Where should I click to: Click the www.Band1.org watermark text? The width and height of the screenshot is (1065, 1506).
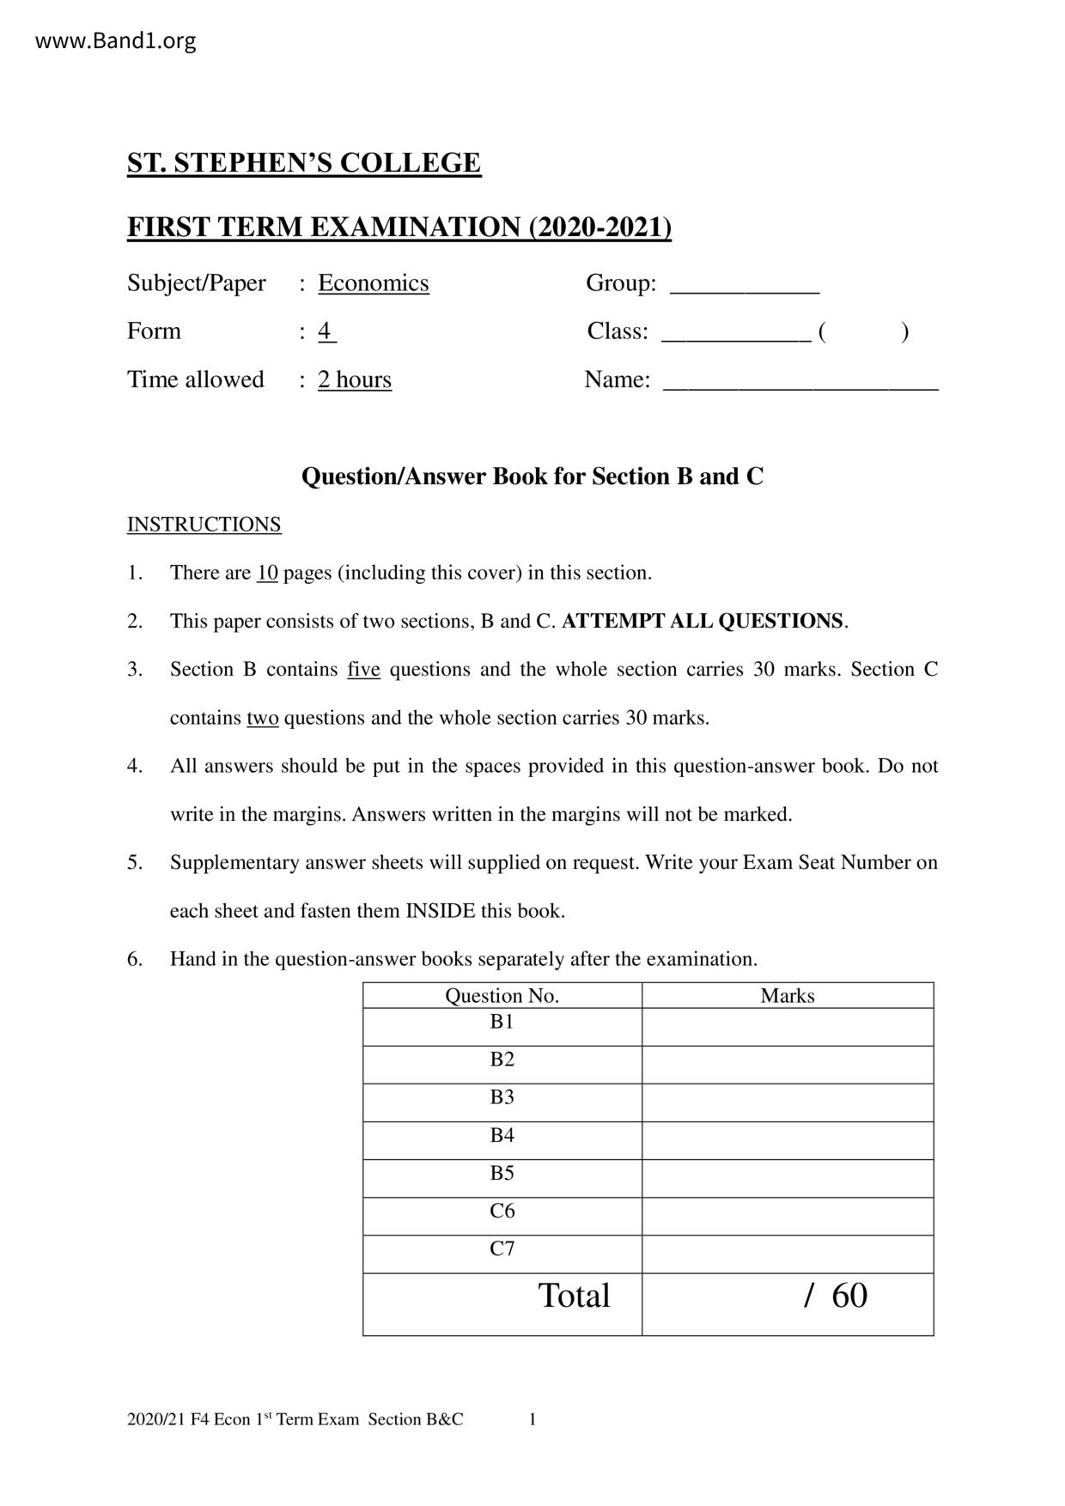click(x=115, y=40)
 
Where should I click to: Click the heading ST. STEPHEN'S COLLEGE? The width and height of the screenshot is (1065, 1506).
click(x=304, y=163)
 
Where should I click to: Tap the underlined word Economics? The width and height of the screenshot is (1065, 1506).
click(x=373, y=283)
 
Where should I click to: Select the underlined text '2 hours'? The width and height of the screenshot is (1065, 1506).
click(x=354, y=380)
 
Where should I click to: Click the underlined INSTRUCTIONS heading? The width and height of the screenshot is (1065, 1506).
click(x=204, y=525)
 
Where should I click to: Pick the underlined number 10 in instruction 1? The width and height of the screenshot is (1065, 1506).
click(x=267, y=573)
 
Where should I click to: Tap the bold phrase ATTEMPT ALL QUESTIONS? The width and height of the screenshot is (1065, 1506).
click(x=702, y=621)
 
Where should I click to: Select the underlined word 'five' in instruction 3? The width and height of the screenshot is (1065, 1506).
click(x=363, y=670)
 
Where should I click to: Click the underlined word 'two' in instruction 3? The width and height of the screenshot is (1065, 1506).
click(x=262, y=718)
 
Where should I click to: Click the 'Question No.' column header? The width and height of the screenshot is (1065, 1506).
click(x=502, y=995)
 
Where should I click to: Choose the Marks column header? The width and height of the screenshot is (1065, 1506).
click(x=787, y=995)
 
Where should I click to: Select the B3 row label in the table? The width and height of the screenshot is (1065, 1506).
click(x=502, y=1096)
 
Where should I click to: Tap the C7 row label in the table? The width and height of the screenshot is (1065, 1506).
click(x=502, y=1248)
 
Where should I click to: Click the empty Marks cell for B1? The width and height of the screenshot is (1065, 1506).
click(x=787, y=1026)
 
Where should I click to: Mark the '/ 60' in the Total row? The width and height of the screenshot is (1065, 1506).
click(x=836, y=1296)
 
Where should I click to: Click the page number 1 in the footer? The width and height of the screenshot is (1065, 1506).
click(x=532, y=1419)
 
